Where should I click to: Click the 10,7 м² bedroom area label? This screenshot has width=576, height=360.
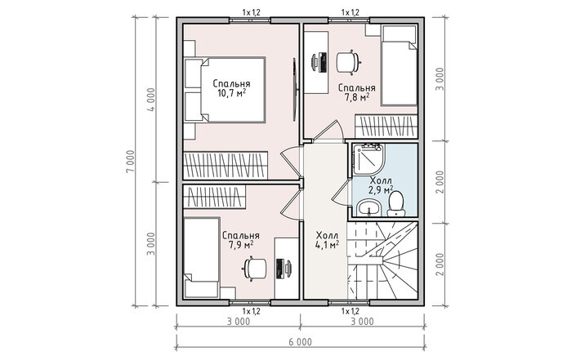click(231, 92)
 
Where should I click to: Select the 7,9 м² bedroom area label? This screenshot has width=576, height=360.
click(241, 245)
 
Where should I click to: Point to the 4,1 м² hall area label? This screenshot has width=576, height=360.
click(327, 244)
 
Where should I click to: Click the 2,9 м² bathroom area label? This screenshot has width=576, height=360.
click(381, 189)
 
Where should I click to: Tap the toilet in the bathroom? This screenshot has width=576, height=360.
click(395, 205)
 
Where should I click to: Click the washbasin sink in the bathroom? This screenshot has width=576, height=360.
click(368, 208)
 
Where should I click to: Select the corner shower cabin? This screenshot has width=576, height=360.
click(368, 161)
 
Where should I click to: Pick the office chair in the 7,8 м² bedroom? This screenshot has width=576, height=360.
click(347, 62)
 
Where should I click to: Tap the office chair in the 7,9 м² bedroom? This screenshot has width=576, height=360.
click(255, 269)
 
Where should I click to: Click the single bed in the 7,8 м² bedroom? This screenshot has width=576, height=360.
click(399, 65)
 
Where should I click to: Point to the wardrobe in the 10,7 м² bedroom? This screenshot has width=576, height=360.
click(225, 166)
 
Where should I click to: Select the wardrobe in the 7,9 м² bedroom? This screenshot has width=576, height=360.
click(215, 197)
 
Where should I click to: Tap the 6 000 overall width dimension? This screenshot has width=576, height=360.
click(300, 342)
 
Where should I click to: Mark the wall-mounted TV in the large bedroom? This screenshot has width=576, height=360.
click(295, 89)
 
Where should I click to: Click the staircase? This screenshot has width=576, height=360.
click(382, 260)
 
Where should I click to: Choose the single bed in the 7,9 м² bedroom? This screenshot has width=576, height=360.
click(202, 257)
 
